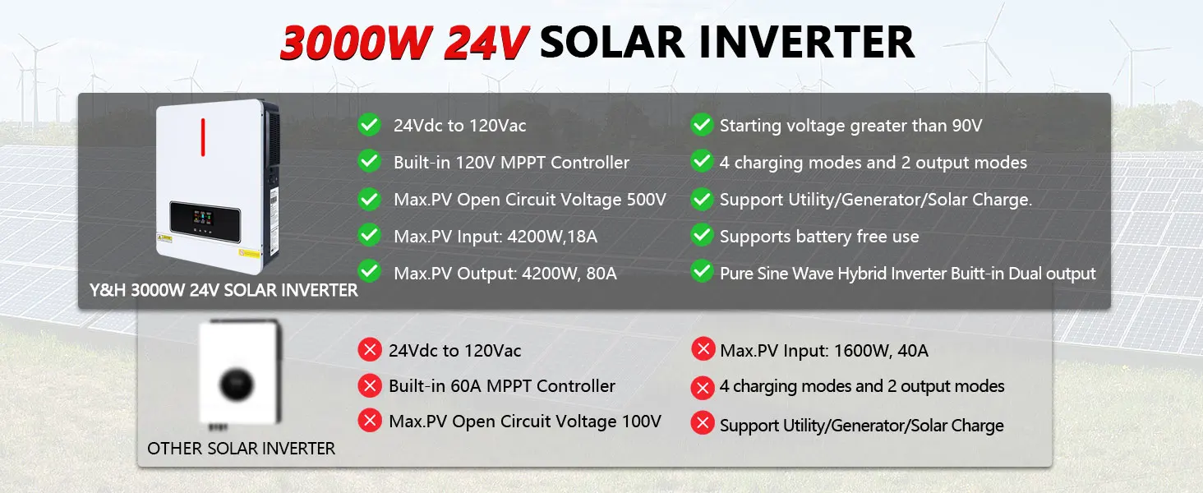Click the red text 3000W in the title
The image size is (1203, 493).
click(x=356, y=43)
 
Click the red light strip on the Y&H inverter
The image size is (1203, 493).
click(x=203, y=137)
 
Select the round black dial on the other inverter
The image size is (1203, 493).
click(x=237, y=385)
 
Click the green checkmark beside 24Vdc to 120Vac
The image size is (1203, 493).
click(x=370, y=125)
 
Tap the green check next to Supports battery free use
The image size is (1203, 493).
click(x=702, y=235)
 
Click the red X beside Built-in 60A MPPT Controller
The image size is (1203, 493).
click(x=370, y=385)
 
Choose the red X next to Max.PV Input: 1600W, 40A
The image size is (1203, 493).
click(x=703, y=349)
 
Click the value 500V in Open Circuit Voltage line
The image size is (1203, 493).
click(x=646, y=199)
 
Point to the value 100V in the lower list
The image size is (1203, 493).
click(x=642, y=421)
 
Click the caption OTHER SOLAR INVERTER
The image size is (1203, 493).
click(x=241, y=449)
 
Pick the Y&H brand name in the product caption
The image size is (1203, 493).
click(x=108, y=290)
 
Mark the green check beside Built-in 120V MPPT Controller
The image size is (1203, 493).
click(x=370, y=161)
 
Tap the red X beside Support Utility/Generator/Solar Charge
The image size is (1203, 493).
click(x=703, y=423)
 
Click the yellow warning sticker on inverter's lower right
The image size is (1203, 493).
click(x=249, y=253)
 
